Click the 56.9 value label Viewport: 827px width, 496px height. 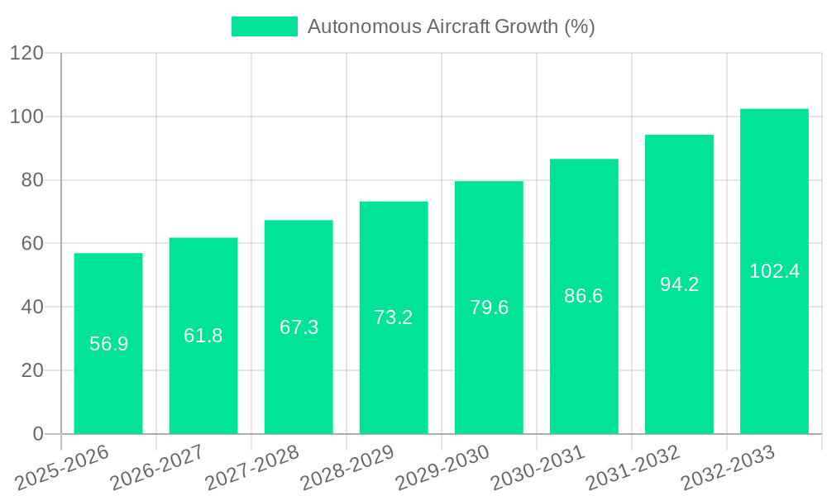108,344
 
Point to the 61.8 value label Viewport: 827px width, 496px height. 203,336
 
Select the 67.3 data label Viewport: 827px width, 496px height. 299,327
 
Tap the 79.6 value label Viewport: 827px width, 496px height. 489,308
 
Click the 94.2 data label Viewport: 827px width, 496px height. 679,284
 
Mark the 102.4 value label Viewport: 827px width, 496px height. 774,271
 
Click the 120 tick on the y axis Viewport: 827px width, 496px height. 26,54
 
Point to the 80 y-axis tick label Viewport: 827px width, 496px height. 31,180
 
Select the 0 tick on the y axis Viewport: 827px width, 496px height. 37,434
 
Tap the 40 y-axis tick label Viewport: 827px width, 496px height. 31,308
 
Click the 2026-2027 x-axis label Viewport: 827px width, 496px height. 157,466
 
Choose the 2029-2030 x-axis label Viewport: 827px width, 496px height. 442,466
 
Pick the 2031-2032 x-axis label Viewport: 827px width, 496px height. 633,466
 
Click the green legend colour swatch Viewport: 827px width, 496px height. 264,26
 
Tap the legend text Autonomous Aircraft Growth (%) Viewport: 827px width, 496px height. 451,26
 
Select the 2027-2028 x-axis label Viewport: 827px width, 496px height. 252,466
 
